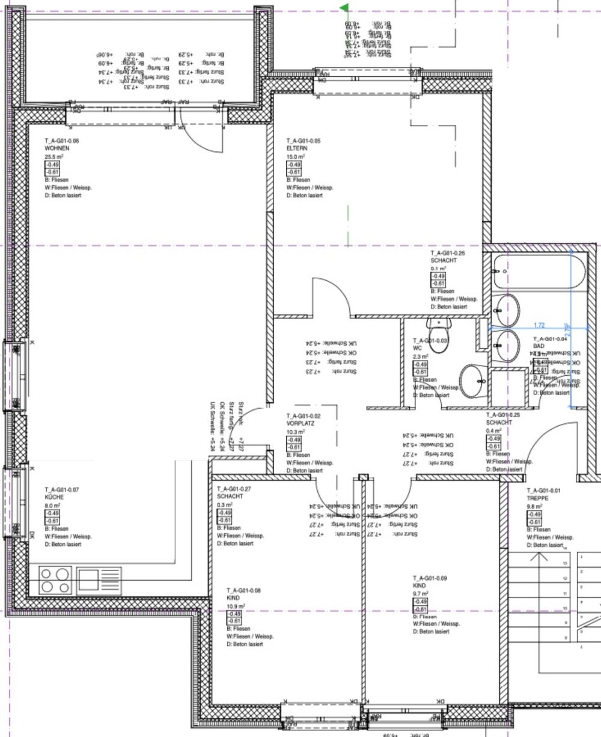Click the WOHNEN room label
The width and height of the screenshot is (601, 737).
57,148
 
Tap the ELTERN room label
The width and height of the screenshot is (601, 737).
297,148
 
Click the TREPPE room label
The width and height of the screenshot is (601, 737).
537,498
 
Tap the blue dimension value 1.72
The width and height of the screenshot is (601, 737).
539,325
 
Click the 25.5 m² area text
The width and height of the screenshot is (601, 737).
54,156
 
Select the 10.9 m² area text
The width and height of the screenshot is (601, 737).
236,606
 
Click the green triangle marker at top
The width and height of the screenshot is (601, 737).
345,8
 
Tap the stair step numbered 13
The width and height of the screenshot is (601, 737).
565,563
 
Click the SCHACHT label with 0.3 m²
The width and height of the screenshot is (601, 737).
230,497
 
